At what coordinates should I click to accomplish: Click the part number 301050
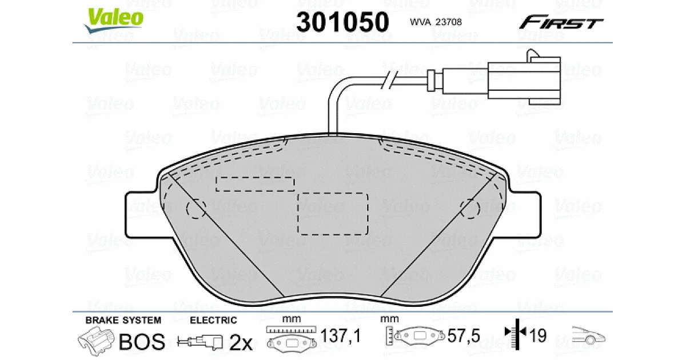click(342, 22)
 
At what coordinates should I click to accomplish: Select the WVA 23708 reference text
click(436, 22)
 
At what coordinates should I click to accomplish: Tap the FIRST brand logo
click(561, 22)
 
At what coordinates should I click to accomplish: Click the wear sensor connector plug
click(524, 78)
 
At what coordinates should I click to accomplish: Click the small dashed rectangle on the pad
click(255, 184)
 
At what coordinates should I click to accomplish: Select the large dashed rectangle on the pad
click(333, 214)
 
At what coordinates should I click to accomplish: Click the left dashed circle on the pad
click(196, 209)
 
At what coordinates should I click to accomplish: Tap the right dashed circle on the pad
click(470, 209)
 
